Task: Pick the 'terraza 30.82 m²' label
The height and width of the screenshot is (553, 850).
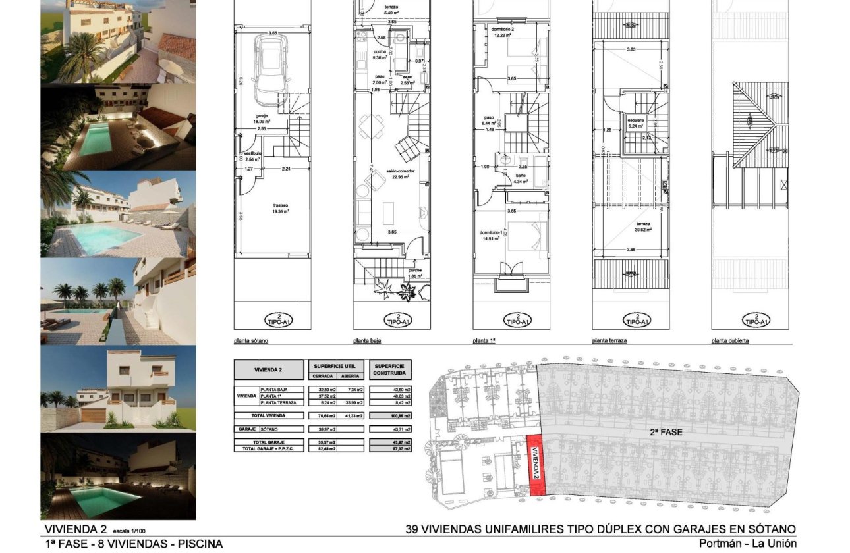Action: click(x=642, y=227)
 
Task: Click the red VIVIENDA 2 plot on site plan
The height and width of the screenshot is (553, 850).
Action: click(x=537, y=464)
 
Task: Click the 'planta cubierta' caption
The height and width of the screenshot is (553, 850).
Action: click(x=730, y=342)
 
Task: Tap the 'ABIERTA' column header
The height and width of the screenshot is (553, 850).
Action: click(x=349, y=376)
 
